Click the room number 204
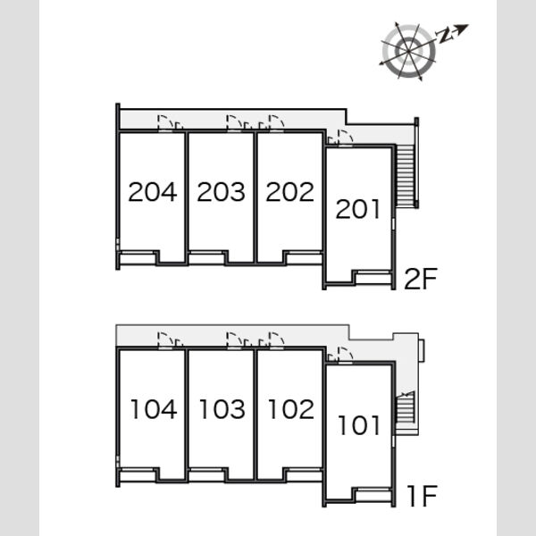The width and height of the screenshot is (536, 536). pos(153,192)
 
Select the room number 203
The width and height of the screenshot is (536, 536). pos(222,192)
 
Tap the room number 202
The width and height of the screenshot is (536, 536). pos(289,192)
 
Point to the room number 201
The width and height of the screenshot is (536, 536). pos(358,209)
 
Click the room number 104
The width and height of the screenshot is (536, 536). pos(155,409)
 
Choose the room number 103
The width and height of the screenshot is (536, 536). pos(222,409)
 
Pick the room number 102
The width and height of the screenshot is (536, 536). pos(291,409)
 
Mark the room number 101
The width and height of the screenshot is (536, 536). pos(359,425)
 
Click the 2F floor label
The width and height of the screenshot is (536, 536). pos(421,279)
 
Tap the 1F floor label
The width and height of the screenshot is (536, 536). pos(423,496)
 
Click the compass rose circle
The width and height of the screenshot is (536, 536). pos(409,51)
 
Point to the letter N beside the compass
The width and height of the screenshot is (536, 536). pos(444,36)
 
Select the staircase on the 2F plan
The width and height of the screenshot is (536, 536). pos(406,175)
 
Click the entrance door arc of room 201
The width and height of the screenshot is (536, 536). pos(345,138)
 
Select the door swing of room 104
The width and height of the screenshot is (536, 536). pos(165,340)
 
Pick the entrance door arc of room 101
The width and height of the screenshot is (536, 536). pos(345,355)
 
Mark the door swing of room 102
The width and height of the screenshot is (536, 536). pos(277,340)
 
